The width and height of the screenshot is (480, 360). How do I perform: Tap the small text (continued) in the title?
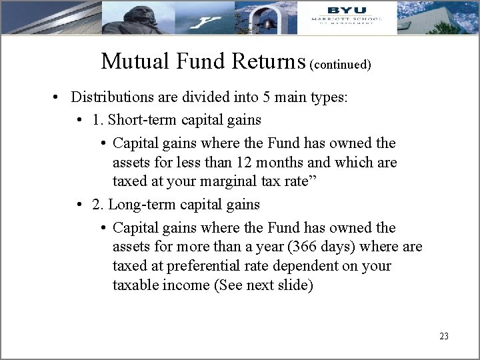[340, 65]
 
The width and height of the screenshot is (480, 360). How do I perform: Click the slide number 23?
[444, 336]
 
